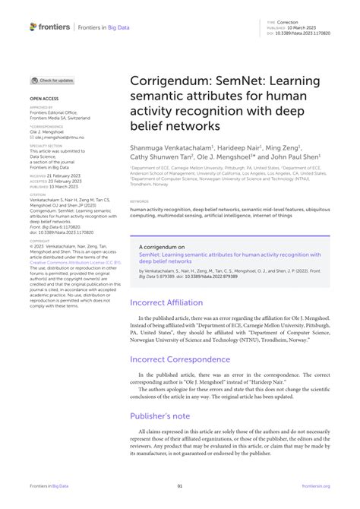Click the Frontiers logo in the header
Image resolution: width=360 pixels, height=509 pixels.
point(50,27)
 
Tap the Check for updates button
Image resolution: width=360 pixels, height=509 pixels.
point(53,80)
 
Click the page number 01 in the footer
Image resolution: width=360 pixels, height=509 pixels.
point(180,485)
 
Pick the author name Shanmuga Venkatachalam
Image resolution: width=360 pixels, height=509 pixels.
point(172,147)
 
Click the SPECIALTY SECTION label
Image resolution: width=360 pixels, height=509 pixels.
point(46,146)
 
